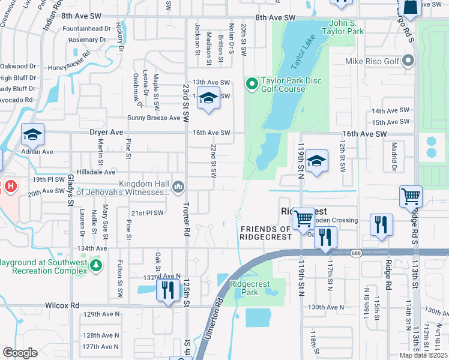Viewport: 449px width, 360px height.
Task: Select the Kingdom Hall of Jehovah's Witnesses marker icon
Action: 178,187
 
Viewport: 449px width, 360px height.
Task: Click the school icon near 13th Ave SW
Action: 208,98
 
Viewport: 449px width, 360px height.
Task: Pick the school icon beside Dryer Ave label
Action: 32,136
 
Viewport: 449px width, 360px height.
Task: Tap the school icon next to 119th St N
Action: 316,161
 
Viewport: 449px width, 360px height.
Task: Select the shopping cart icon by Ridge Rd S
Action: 411,196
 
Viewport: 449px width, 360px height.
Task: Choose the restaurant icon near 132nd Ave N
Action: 167,290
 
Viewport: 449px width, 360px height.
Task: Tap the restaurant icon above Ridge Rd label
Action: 381,225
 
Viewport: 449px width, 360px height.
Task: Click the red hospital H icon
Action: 10,187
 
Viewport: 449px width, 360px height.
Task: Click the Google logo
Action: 20,353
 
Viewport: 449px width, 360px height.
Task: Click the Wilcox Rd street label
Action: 62,305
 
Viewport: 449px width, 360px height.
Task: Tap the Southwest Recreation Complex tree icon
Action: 95,265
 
